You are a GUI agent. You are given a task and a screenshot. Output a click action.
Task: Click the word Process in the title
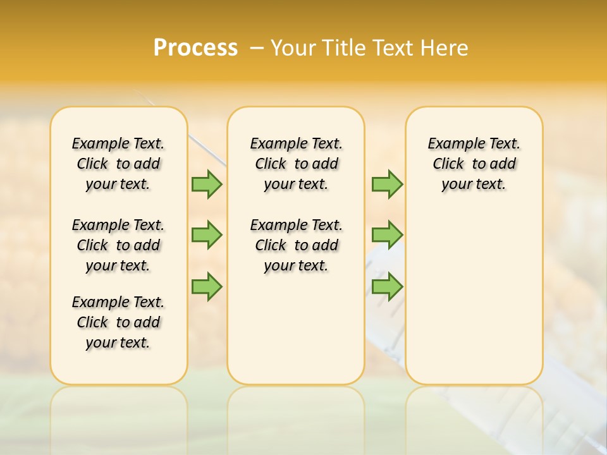(x=195, y=48)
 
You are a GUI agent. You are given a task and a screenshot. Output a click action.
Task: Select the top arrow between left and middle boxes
(x=207, y=184)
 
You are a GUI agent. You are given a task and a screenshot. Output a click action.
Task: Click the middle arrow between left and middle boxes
(x=207, y=235)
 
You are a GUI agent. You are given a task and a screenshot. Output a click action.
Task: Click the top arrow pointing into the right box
(x=387, y=184)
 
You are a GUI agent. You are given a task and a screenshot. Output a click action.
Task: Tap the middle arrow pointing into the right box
(x=387, y=235)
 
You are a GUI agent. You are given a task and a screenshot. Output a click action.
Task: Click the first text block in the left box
(x=118, y=164)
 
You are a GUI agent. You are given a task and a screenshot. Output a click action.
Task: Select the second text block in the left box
(x=118, y=245)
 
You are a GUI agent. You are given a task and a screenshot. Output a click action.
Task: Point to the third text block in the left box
(x=118, y=322)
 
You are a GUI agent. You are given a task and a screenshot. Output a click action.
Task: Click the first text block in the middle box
(x=296, y=164)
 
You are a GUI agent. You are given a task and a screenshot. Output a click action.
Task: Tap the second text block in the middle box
(x=296, y=245)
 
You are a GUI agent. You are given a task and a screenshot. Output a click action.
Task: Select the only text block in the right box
(x=474, y=164)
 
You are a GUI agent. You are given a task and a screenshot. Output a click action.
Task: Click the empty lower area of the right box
(x=474, y=297)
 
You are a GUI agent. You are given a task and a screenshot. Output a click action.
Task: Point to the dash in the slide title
(x=257, y=48)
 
